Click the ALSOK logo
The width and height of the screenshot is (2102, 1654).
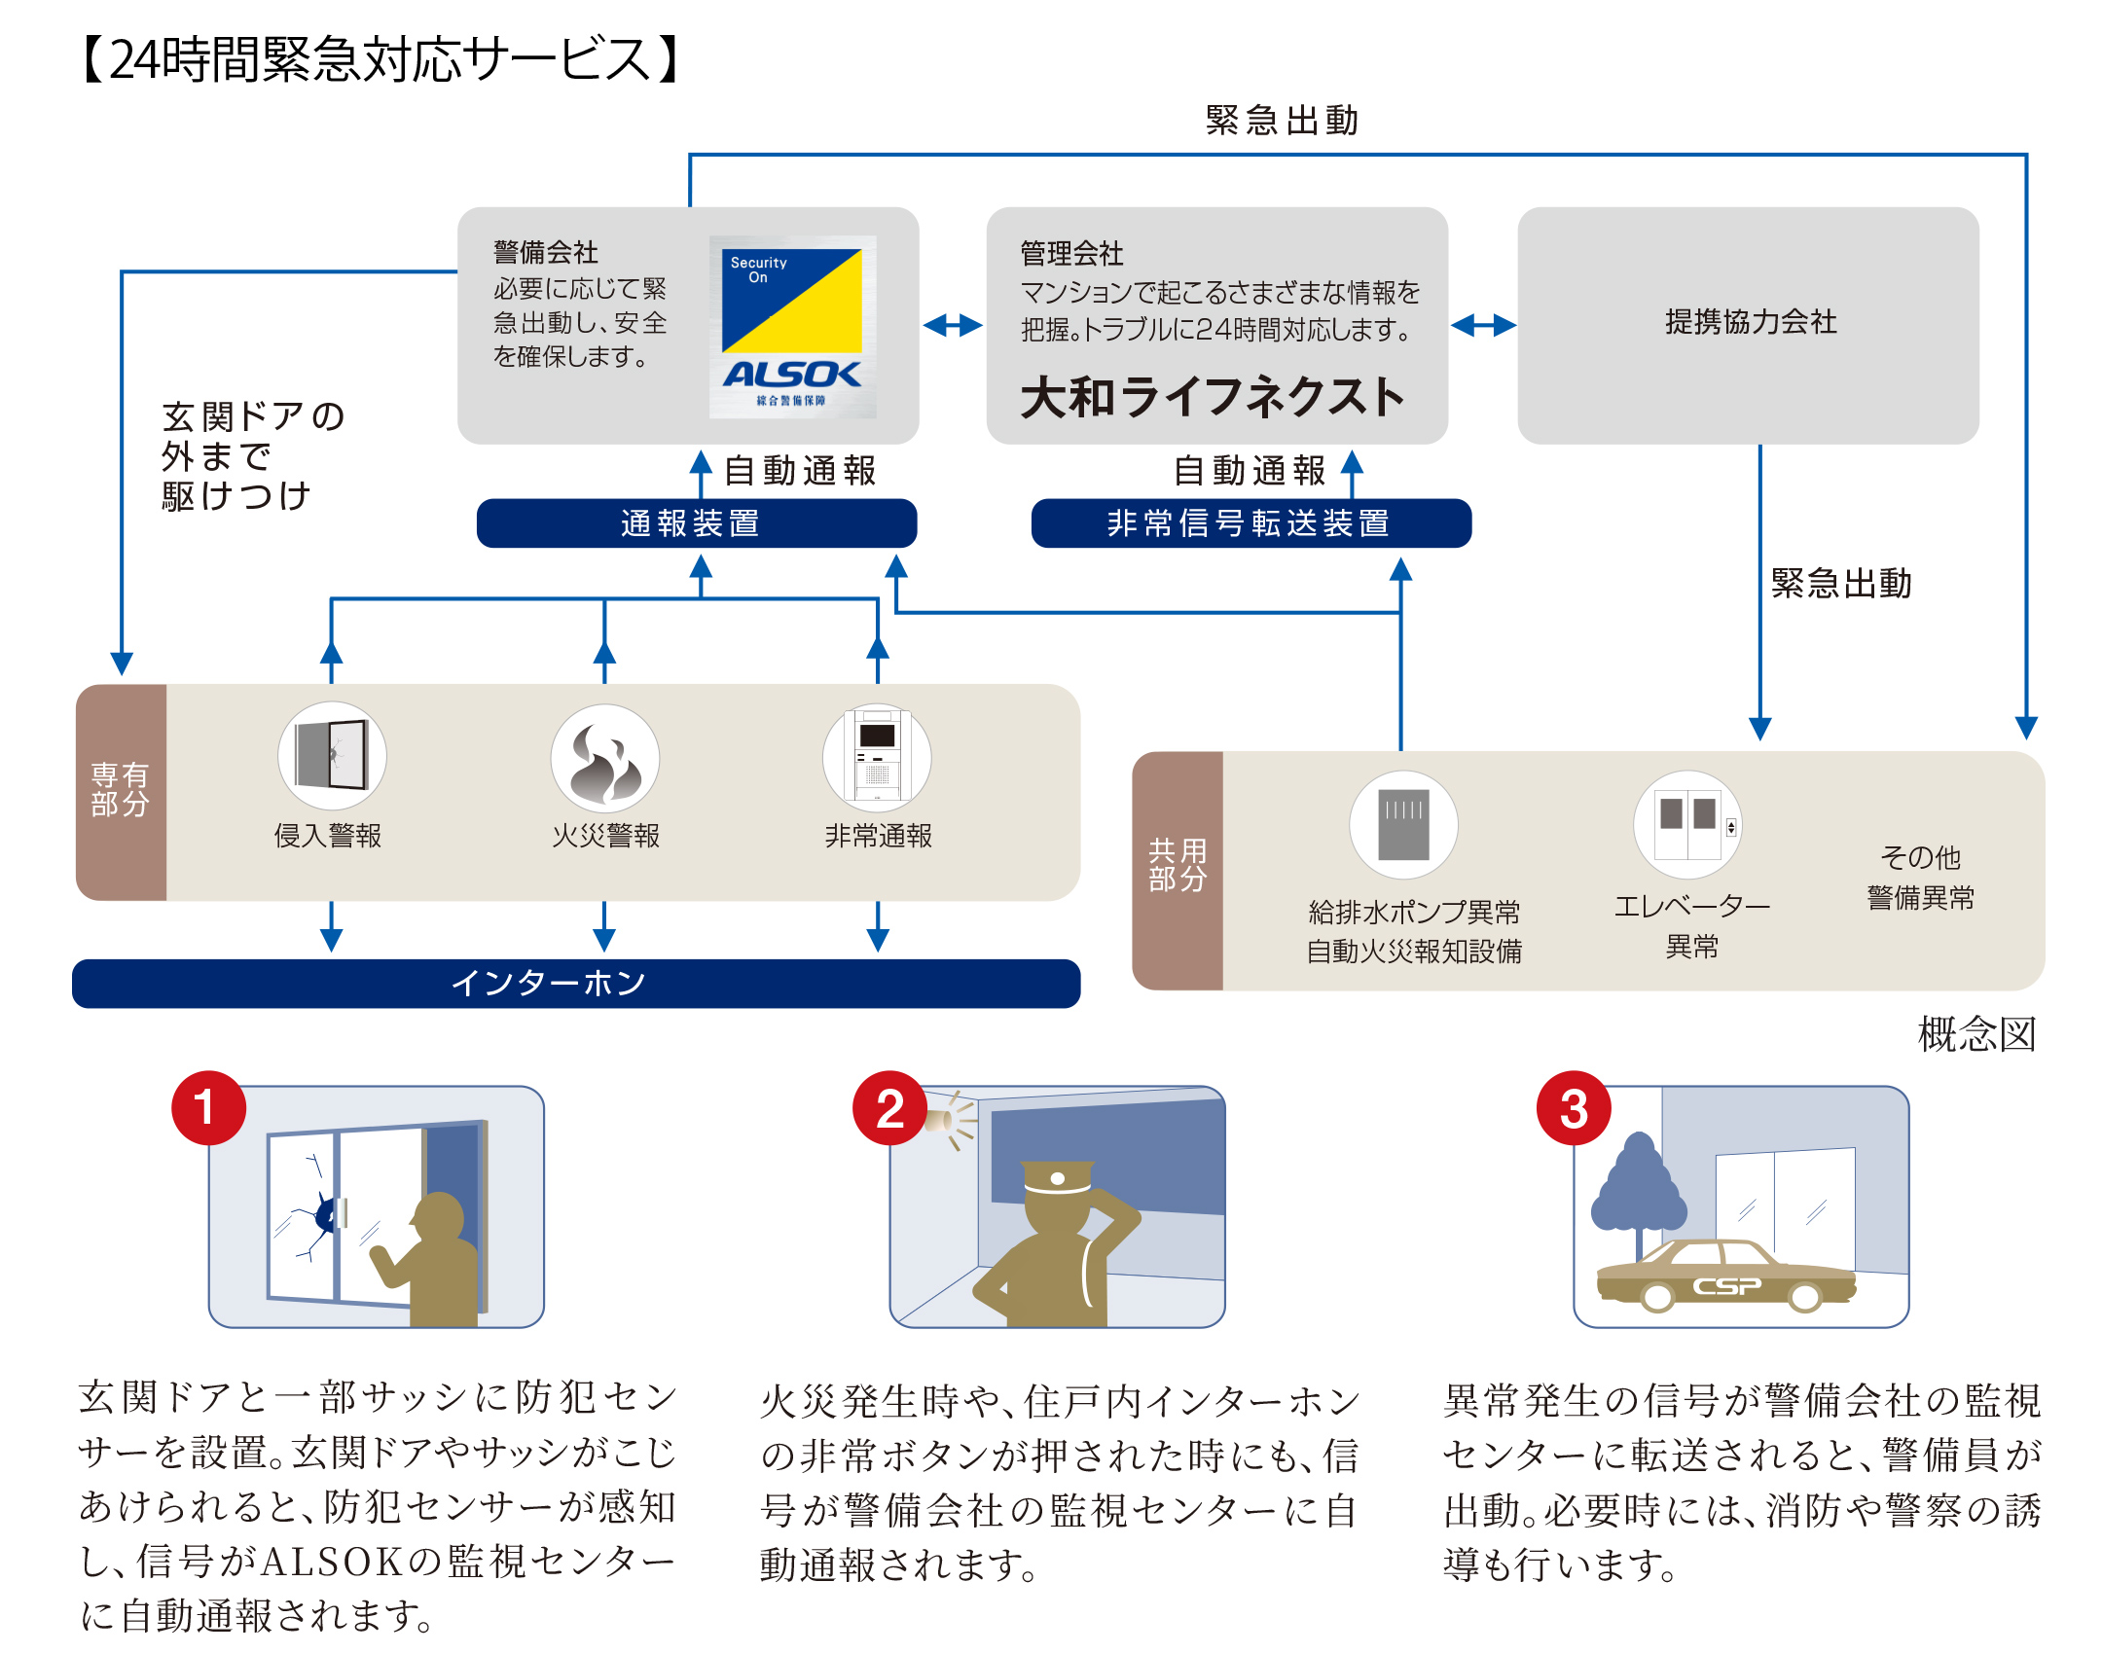tap(792, 327)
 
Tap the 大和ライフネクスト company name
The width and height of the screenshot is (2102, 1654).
tap(1213, 397)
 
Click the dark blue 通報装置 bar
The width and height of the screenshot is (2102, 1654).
tap(696, 523)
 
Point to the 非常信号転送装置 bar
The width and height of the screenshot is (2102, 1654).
tap(1250, 523)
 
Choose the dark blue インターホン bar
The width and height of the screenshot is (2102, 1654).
tap(576, 983)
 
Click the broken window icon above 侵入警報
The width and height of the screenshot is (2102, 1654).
tap(332, 755)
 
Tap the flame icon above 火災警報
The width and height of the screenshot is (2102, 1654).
tap(604, 757)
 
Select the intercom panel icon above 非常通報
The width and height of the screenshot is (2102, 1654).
tap(877, 757)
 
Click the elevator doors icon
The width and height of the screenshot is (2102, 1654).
tap(1688, 825)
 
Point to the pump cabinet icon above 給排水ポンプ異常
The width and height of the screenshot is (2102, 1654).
tap(1403, 825)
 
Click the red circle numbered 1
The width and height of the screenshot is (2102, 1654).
tap(207, 1108)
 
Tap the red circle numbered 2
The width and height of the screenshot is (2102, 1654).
tap(889, 1108)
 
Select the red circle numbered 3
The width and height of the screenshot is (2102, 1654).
tap(1574, 1108)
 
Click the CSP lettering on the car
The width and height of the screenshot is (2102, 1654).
tap(1726, 1286)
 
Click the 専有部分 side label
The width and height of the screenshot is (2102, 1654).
tap(121, 790)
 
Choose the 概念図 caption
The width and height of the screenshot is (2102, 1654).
tap(1976, 1033)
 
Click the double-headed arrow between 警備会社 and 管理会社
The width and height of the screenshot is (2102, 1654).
tap(953, 325)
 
